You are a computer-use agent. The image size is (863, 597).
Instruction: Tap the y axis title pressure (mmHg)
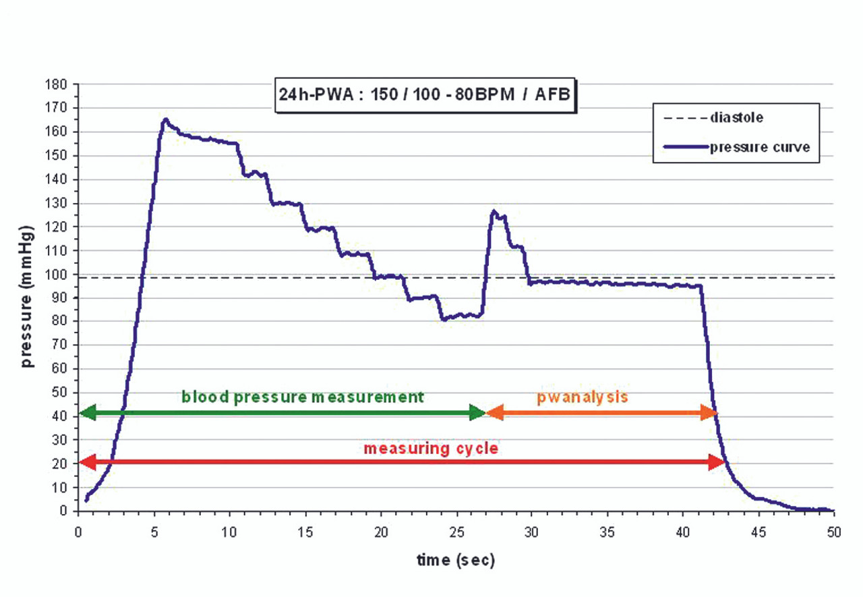[x=28, y=297]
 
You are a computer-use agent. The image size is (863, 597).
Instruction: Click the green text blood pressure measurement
[x=303, y=397]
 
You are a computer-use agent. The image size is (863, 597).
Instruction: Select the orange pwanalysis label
[x=583, y=397]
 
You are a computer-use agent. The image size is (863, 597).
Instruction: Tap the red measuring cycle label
[x=430, y=447]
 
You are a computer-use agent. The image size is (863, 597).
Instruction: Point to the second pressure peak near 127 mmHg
[x=494, y=212]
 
